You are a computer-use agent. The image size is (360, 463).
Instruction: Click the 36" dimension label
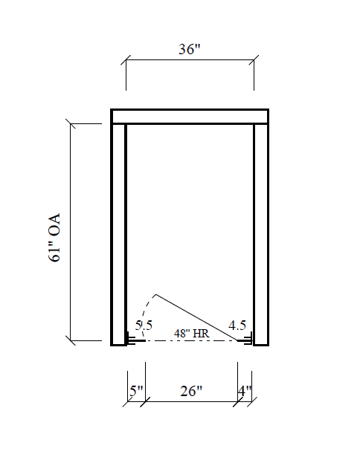pos(190,49)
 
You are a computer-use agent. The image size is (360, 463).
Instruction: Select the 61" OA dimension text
pos(54,237)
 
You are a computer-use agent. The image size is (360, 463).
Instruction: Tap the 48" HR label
pos(191,334)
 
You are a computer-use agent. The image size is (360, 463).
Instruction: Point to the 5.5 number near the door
pos(144,326)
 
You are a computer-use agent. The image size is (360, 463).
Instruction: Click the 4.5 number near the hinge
pos(237,326)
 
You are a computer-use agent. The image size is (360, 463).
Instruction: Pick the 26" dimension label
pos(191,391)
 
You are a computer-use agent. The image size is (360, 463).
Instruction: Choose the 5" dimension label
pos(136,391)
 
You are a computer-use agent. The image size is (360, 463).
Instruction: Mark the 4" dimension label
pos(245,391)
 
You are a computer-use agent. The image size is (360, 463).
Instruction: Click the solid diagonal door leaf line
pos(197,317)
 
